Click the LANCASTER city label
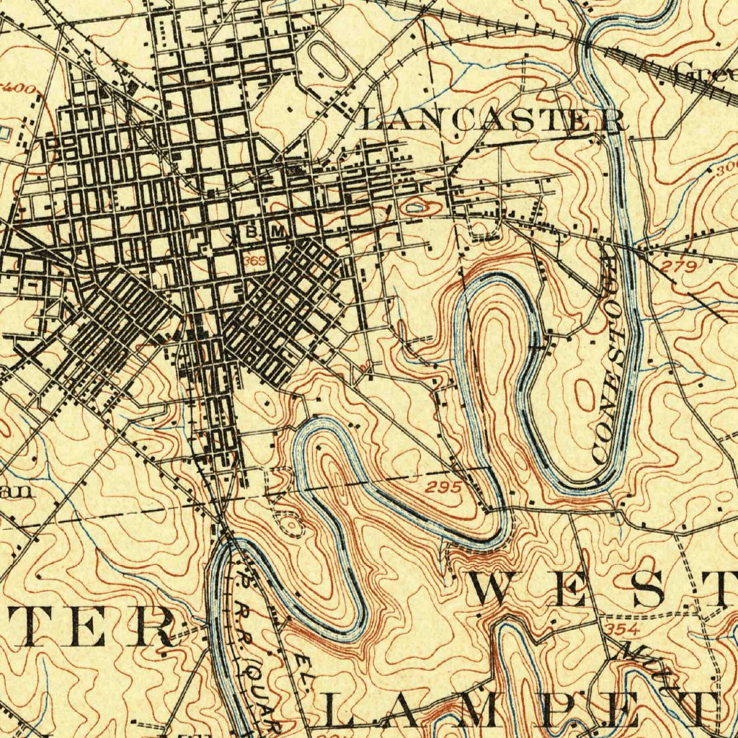(x=492, y=120)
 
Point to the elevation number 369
(x=255, y=259)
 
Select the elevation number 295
(x=443, y=488)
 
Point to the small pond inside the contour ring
(x=417, y=208)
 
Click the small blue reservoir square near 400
(x=4, y=133)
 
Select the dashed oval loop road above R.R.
(x=290, y=525)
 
